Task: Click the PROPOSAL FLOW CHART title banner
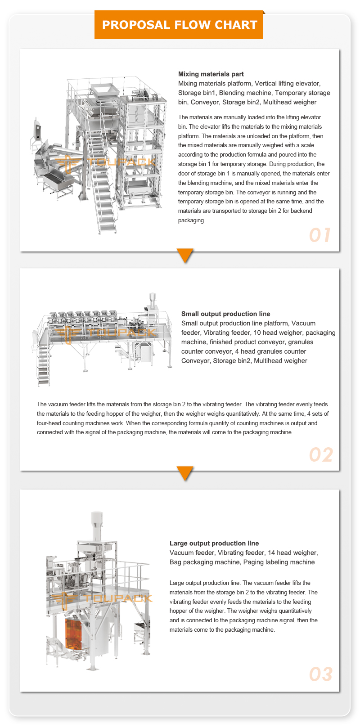point(179,25)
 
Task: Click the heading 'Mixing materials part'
point(211,74)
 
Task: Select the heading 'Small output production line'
point(225,314)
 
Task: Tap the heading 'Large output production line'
point(214,543)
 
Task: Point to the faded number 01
point(320,235)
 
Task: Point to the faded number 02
point(320,455)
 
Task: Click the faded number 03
point(320,674)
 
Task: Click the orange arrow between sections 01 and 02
point(185,255)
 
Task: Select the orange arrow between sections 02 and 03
point(185,473)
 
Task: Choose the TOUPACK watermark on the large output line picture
point(101,599)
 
